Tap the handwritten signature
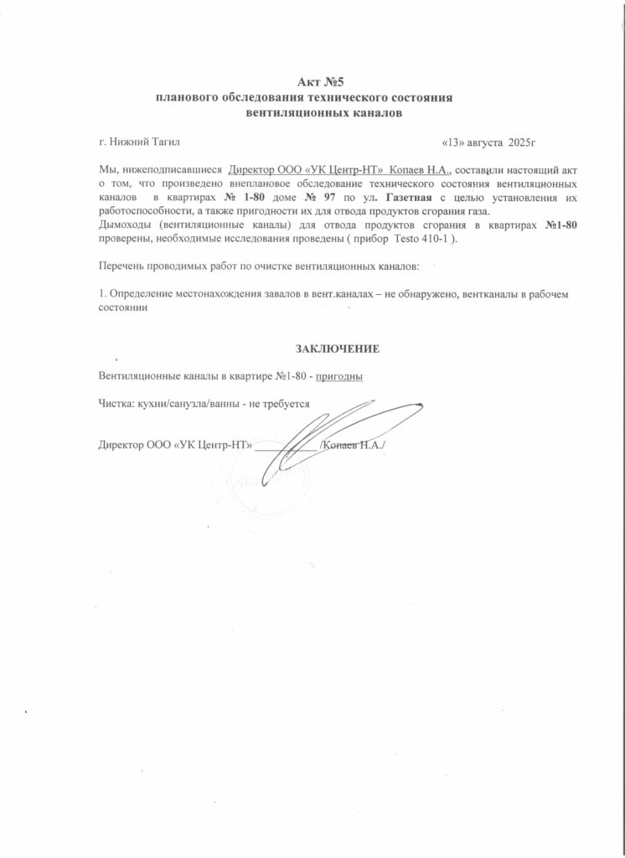335,436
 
